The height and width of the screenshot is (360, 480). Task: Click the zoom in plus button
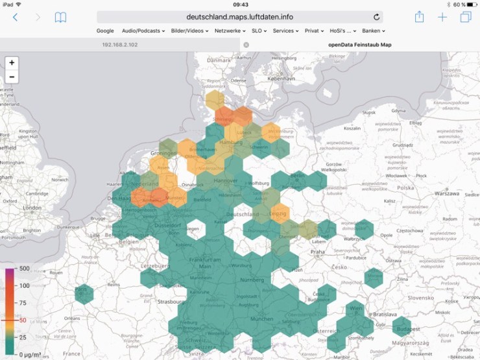12,63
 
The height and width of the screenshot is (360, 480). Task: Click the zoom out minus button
12,77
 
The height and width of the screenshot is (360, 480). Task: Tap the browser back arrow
15,18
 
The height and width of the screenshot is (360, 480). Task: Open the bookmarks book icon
60,18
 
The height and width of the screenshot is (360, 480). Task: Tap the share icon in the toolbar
420,18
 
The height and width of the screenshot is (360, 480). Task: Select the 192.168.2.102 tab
120,45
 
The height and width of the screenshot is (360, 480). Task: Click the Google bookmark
105,30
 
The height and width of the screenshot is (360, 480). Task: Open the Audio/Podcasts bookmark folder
143,30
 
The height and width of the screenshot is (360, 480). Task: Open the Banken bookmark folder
374,30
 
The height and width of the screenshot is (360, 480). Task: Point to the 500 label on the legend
25,269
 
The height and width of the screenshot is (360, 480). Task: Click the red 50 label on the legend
23,320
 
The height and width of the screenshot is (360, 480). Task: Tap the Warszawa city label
447,193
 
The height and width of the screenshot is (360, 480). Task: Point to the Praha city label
317,252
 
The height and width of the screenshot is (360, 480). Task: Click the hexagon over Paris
82,293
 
